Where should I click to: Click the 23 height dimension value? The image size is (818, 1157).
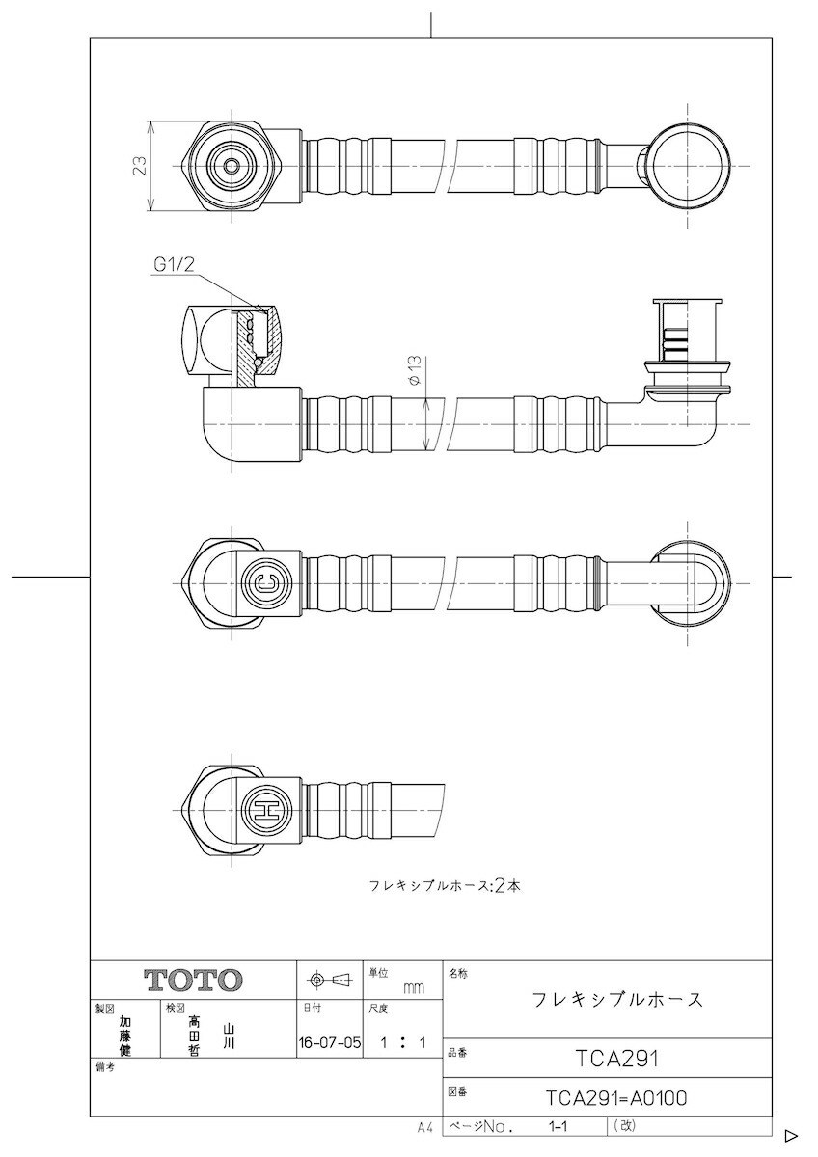[x=140, y=166]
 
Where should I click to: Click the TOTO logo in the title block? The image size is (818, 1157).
[x=193, y=981]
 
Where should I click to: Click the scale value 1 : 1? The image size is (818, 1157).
[x=402, y=1042]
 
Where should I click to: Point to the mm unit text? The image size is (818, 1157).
[x=413, y=988]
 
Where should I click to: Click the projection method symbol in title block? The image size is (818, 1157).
[x=328, y=981]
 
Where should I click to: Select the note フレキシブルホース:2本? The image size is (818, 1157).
[x=445, y=885]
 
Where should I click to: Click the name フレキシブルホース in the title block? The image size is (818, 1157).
[x=617, y=999]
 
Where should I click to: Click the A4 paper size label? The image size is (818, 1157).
[x=425, y=1127]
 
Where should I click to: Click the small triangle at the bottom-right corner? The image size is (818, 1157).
[x=790, y=1135]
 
